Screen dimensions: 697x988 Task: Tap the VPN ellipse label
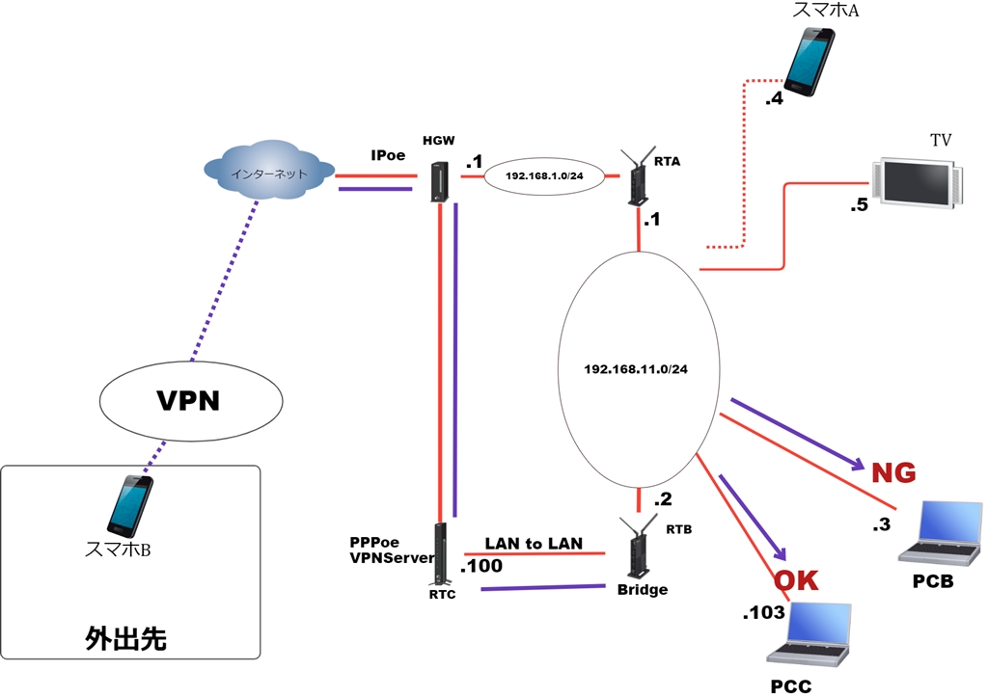coord(189,400)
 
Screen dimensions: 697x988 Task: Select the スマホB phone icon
coord(127,506)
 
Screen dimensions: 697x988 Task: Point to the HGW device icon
coord(439,181)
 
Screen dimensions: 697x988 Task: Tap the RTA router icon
coord(638,178)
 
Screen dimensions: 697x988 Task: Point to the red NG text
coord(892,472)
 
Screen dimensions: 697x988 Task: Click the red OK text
coord(797,580)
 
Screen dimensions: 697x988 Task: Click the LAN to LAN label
coord(534,544)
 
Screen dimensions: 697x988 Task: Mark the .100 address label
coord(481,566)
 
